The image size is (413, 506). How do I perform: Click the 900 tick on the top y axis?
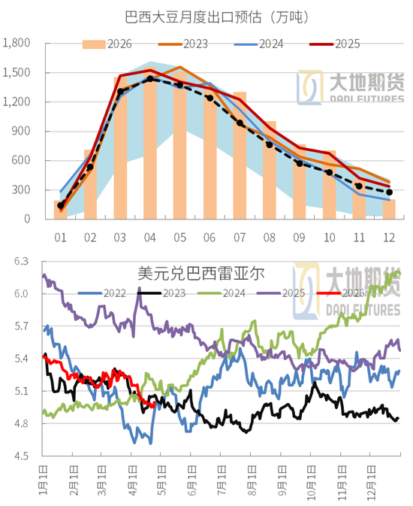(20, 131)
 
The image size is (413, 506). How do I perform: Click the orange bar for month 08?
(269, 169)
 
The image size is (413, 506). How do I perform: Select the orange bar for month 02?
(90, 184)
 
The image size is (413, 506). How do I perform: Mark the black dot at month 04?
(150, 78)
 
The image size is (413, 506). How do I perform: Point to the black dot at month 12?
(389, 192)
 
